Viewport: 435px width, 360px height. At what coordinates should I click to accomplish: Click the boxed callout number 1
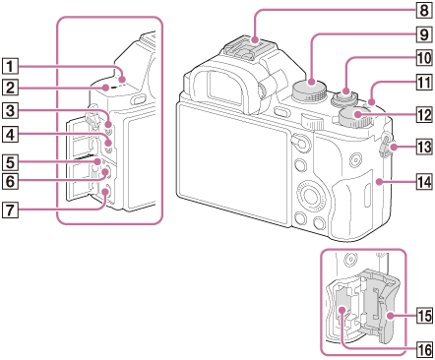[10, 67]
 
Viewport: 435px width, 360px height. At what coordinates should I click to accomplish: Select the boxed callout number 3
[10, 110]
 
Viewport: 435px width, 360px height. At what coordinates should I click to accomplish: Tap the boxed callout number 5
[10, 161]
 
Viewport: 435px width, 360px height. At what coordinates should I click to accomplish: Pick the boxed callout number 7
[10, 210]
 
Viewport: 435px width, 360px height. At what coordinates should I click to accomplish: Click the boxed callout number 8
[424, 10]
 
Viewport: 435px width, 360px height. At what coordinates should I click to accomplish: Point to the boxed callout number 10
[424, 58]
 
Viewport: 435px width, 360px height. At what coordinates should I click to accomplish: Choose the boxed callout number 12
[424, 115]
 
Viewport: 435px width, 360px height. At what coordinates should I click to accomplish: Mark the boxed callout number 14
[424, 181]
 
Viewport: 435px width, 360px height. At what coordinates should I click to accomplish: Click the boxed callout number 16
[424, 350]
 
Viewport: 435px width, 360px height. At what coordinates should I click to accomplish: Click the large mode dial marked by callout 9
[310, 90]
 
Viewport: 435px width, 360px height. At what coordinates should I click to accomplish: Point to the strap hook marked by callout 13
[389, 145]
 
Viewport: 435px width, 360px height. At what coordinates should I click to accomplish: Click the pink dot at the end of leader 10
[346, 90]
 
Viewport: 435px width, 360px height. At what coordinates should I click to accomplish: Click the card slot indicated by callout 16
[342, 310]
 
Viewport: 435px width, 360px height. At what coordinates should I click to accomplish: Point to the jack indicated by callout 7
[105, 193]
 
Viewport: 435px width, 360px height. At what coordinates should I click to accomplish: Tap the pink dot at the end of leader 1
[123, 79]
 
